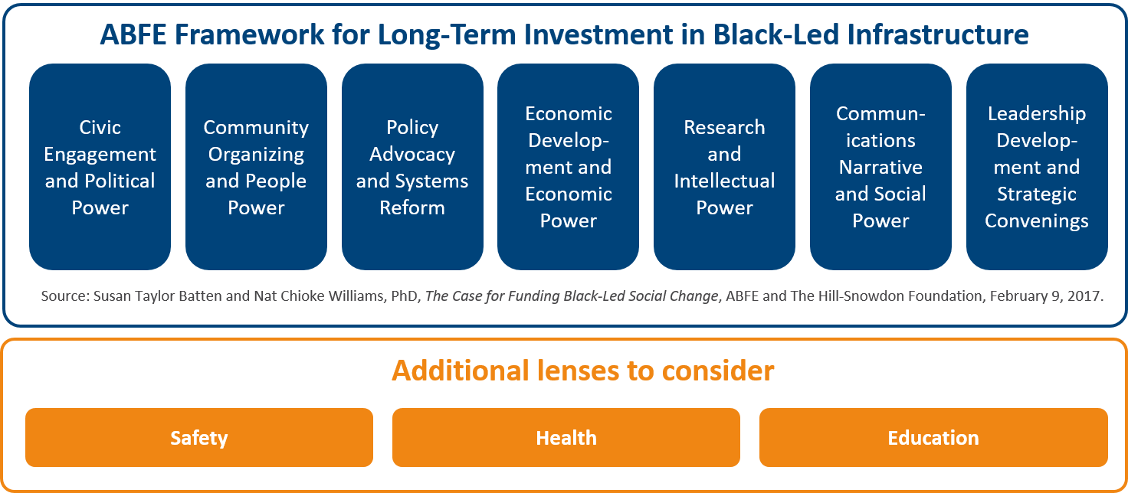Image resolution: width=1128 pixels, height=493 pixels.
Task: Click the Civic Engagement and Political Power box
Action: [100, 167]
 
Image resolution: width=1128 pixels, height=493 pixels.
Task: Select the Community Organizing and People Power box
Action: [256, 167]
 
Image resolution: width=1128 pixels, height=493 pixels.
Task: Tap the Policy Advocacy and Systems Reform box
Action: [412, 167]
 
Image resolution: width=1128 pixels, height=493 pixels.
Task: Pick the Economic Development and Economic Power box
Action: [568, 167]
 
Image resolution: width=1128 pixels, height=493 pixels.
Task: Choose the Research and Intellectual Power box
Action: [724, 167]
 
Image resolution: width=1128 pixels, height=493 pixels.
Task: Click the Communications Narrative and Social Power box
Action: [880, 167]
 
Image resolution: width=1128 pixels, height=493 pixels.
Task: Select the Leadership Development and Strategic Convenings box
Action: [1037, 167]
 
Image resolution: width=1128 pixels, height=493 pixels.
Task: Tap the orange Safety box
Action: [199, 437]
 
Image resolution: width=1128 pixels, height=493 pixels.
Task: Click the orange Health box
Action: [566, 437]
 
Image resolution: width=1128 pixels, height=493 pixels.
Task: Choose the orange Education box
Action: [933, 437]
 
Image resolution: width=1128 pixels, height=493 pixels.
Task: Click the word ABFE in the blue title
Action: [133, 34]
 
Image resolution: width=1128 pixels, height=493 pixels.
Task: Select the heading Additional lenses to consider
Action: [582, 371]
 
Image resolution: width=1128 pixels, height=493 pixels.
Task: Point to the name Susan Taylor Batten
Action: [158, 295]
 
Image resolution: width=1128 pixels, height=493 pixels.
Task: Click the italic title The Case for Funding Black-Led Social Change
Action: [572, 295]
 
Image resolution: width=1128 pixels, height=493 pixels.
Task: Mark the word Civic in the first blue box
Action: [100, 127]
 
